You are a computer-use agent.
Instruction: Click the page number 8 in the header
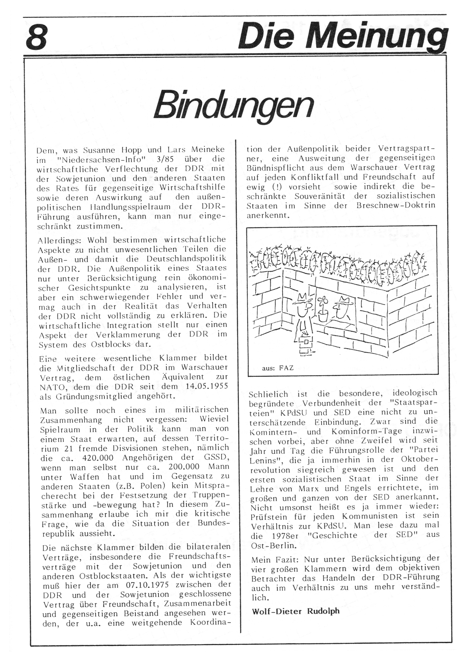tap(37, 37)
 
